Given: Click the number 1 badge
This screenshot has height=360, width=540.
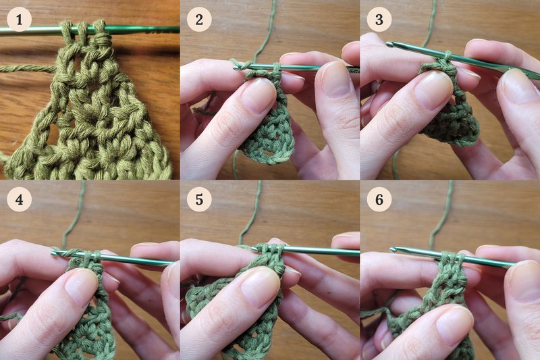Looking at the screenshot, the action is [20, 20].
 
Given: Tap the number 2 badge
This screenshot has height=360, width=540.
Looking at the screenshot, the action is [199, 20].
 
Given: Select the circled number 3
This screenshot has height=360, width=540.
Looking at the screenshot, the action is [379, 20].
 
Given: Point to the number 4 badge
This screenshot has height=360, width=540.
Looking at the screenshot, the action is [20, 199].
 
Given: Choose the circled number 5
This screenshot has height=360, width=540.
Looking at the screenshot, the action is [199, 199].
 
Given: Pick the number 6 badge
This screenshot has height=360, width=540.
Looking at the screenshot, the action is [379, 199].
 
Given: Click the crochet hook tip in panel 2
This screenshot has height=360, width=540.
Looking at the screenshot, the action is [236, 68].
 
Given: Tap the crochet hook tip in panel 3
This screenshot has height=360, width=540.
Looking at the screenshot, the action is [389, 44].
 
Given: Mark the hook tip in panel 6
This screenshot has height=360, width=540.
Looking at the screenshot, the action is [393, 249].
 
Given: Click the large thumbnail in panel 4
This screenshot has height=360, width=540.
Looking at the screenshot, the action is [81, 287].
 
